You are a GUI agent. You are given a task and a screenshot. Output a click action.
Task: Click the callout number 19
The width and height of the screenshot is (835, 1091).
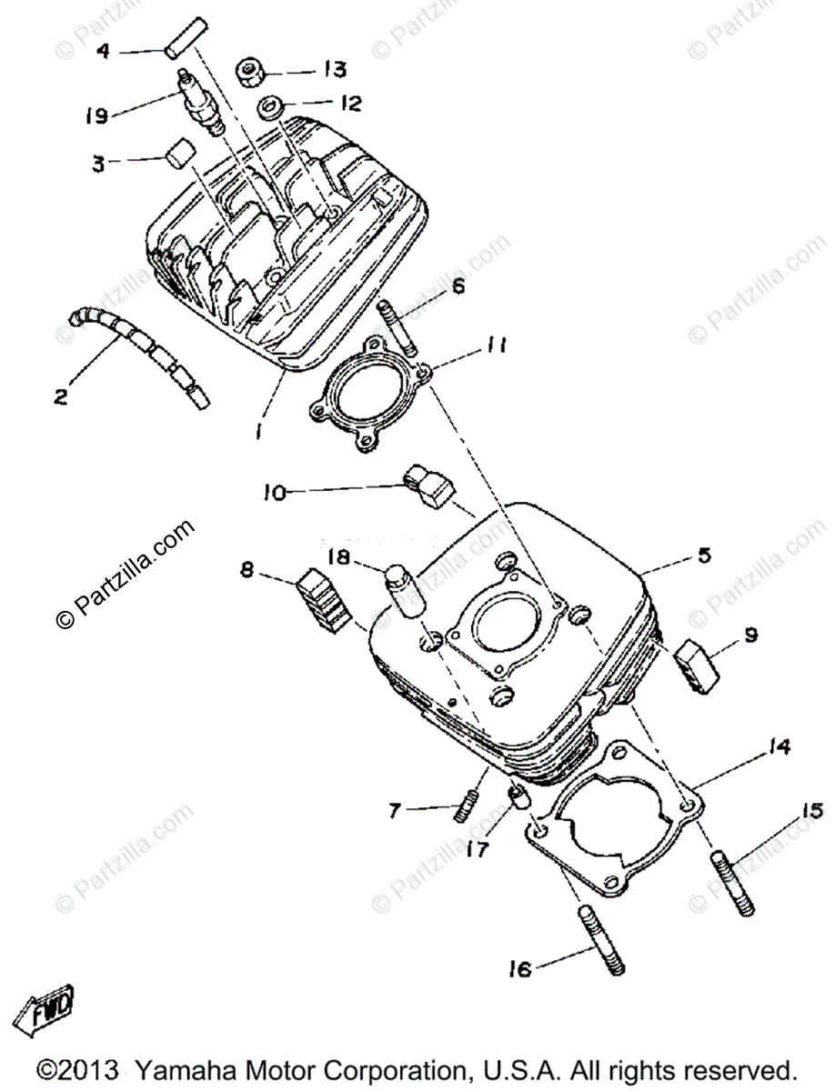(97, 115)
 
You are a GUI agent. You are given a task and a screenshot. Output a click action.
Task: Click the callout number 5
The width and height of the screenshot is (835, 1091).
(703, 554)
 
